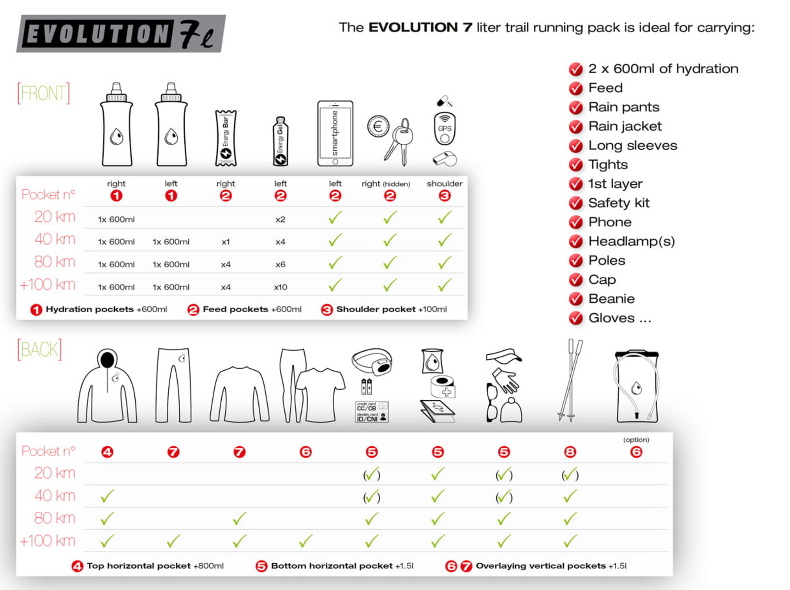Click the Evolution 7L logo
coord(121,34)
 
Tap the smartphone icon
coord(335,133)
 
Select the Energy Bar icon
coord(226,138)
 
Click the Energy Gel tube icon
coord(280,142)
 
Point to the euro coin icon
coord(378,126)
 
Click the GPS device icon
coord(444,128)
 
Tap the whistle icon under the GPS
coord(445,159)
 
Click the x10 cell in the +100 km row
coord(280,287)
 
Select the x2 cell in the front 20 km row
coord(280,219)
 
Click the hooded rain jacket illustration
coord(107,386)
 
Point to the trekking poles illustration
coord(570,380)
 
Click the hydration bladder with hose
coord(636,386)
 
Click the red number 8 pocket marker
coord(570,452)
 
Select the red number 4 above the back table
coord(107,452)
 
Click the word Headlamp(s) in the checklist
coord(631,241)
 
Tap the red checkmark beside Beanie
coord(576,299)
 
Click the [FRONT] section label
coord(43,93)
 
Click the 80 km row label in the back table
coord(54,518)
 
